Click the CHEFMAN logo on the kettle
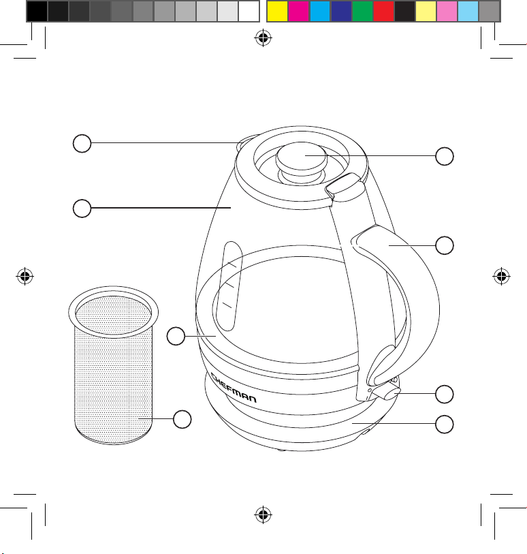pos(234,388)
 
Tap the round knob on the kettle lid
pos(302,158)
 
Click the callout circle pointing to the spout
pos(82,143)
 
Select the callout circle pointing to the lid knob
pos(445,156)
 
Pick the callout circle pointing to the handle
pos(445,245)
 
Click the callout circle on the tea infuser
pos(182,419)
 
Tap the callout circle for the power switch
pos(445,394)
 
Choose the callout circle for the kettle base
pos(445,424)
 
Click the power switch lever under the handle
pos(387,393)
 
